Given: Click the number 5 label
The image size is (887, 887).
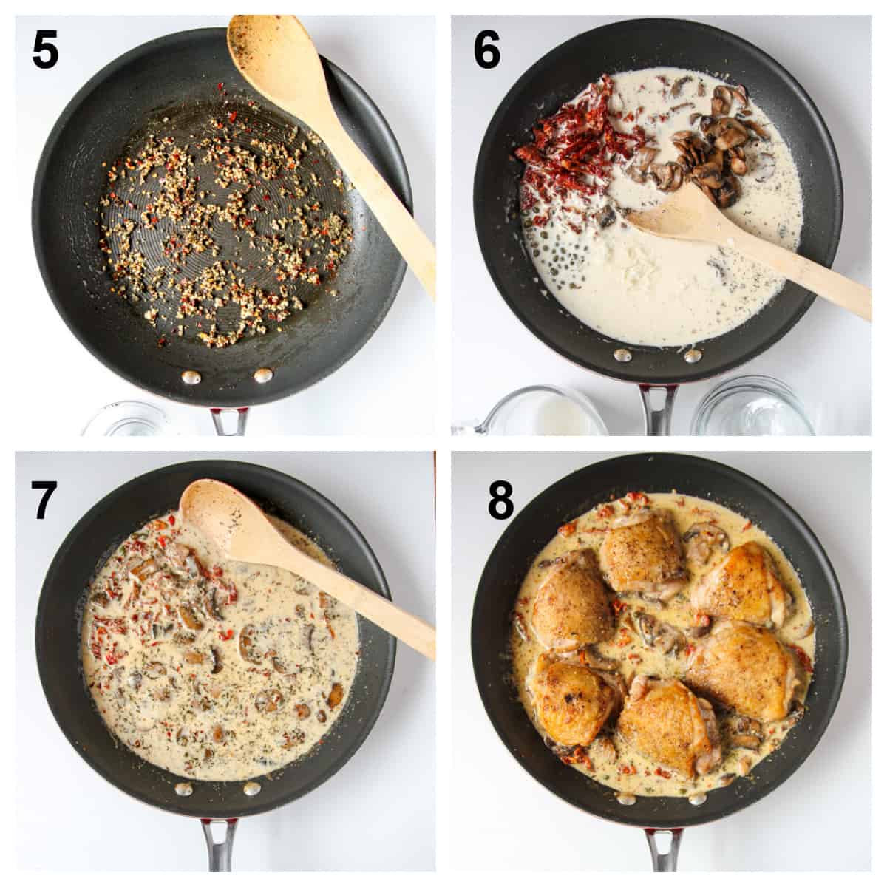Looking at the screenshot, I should coord(45,50).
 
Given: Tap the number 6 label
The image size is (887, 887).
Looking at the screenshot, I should coord(487,50).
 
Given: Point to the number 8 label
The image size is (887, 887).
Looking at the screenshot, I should coord(500,500).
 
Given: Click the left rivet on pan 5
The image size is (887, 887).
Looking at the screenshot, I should coord(191,378).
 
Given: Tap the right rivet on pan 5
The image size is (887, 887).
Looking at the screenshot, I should coord(262,375).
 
